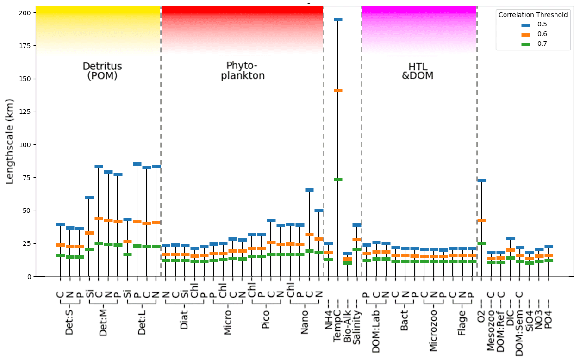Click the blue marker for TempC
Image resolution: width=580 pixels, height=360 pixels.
tap(338, 19)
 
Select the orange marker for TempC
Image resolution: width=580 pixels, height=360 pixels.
tap(338, 90)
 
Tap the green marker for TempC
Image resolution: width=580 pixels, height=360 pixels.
tap(338, 180)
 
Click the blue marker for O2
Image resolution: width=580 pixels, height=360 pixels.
tap(481, 180)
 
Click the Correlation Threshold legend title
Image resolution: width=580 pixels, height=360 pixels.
tap(533, 15)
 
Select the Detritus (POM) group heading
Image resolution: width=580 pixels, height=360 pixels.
tap(102, 71)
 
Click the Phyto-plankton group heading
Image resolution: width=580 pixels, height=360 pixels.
tap(242, 70)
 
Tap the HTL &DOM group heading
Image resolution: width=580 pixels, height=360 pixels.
tap(417, 71)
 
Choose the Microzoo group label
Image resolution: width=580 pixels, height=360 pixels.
tap(433, 333)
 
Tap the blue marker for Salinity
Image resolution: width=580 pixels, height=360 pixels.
tap(357, 225)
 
